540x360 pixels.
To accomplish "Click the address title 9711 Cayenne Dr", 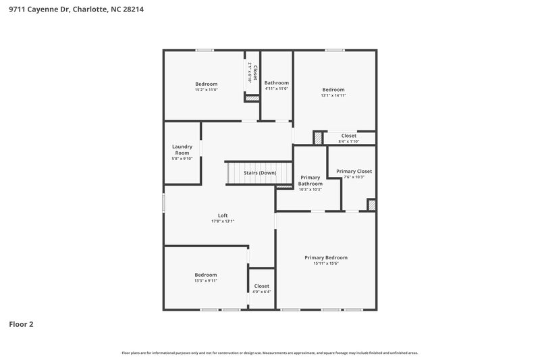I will pos(76,10).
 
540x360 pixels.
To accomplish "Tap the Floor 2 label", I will pos(21,324).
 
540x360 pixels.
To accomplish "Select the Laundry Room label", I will pos(182,149).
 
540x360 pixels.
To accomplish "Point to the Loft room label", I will pos(222,215).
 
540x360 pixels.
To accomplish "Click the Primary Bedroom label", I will pos(325,257).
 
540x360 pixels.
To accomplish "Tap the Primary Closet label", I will pos(354,172).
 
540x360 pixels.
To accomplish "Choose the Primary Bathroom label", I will pos(310,180).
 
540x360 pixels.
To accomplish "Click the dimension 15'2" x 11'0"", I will pos(206,90).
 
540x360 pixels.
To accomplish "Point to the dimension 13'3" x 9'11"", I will pos(206,281).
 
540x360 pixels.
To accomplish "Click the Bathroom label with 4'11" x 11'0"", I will pos(276,83).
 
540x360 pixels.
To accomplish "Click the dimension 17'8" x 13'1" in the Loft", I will pos(222,222).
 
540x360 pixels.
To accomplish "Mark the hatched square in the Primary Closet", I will pos(371,205).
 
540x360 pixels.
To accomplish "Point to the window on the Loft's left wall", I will pos(163,203).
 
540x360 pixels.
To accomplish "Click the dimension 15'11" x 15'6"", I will pos(325,263).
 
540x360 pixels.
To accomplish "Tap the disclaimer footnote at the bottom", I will pos(269,353).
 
